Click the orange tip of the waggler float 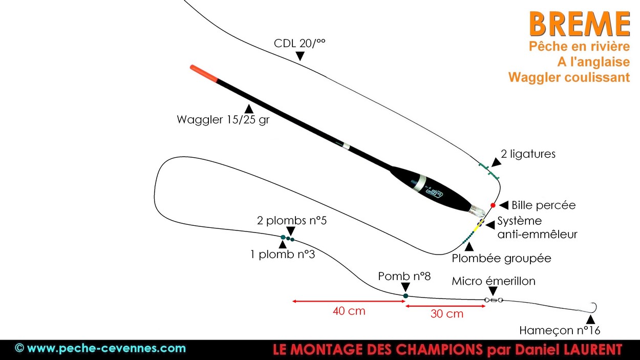pos(203,74)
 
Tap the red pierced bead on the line pos(493,205)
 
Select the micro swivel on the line pos(493,301)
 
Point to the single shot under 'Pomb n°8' pos(406,295)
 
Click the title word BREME pos(579,24)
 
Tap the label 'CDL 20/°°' pos(300,44)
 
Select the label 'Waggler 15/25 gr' pos(223,120)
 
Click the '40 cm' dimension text pos(349,311)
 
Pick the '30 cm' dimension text pos(446,314)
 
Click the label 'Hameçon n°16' pos(560,330)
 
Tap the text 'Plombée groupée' pos(501,259)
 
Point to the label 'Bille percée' pos(543,205)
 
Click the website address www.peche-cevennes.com pos(106,349)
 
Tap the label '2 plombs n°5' pos(292,221)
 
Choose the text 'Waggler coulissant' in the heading pos(569,77)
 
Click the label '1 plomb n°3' pos(283,253)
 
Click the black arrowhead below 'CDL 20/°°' pos(300,57)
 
